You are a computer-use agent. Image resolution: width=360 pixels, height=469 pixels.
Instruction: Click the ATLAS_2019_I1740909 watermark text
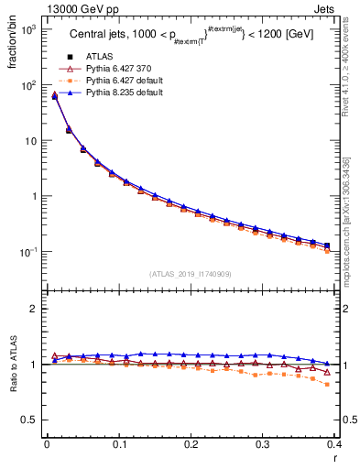pyautogui.click(x=191, y=273)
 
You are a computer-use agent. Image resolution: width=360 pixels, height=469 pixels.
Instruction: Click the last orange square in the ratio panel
pyautogui.click(x=327, y=384)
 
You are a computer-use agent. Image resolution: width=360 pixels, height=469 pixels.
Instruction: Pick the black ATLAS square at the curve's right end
pyautogui.click(x=327, y=245)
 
